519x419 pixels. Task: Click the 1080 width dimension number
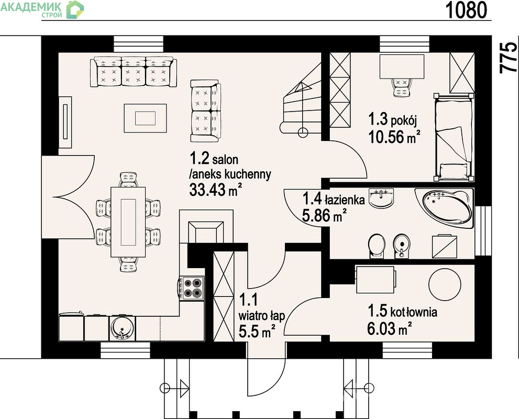(467, 10)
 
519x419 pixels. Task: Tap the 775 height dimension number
(508, 57)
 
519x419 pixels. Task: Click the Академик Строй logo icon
(75, 9)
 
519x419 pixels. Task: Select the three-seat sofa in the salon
(134, 71)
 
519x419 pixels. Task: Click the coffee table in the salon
(145, 118)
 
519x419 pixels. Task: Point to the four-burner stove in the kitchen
(191, 288)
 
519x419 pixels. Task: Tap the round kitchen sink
(122, 328)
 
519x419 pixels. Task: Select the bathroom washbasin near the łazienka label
(382, 198)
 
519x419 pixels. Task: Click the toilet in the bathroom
(377, 246)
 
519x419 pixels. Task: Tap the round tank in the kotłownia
(445, 284)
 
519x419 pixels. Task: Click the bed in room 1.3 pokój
(454, 137)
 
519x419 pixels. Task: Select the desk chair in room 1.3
(402, 87)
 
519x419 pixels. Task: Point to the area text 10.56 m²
(394, 137)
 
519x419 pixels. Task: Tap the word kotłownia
(414, 312)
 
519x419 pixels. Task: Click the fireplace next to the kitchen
(206, 227)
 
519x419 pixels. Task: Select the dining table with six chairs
(128, 222)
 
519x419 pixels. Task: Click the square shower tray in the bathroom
(445, 247)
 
